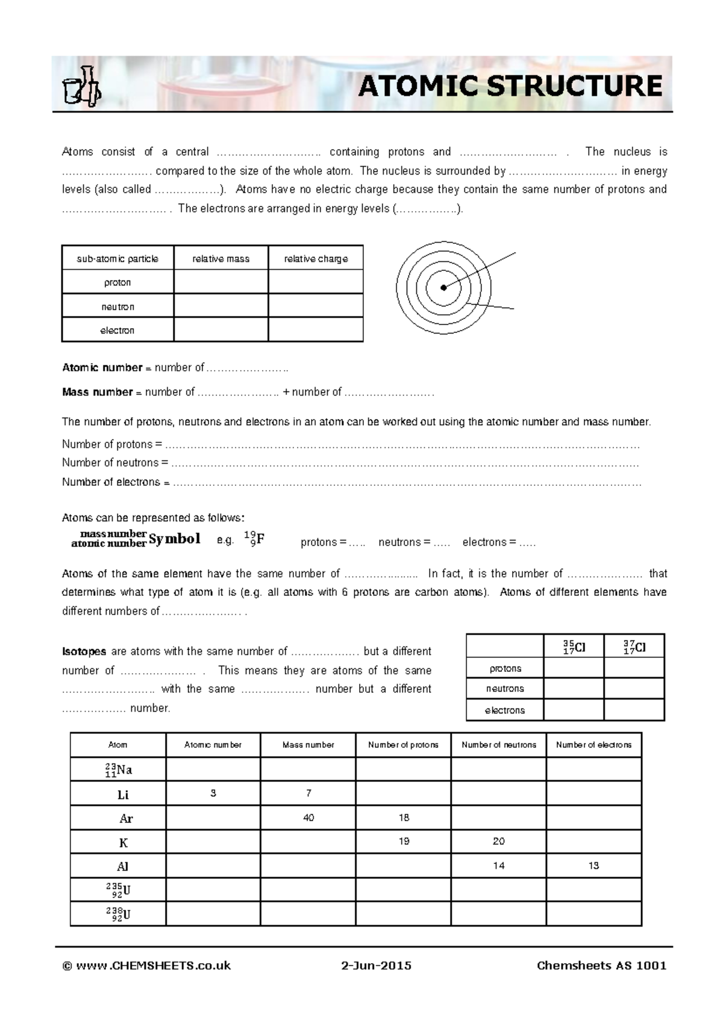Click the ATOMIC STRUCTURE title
(510, 86)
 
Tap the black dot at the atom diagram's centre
(443, 287)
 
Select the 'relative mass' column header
(221, 259)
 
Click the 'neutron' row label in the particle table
(117, 306)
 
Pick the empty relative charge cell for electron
(316, 330)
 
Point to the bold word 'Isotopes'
(84, 651)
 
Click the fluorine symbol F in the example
(260, 539)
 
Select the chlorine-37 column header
(634, 647)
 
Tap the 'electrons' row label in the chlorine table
(505, 710)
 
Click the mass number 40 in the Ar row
(308, 818)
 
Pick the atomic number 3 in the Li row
(213, 793)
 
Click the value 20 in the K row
(498, 841)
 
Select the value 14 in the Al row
(498, 865)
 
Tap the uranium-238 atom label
(118, 914)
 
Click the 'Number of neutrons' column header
(498, 745)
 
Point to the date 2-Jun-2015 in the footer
(376, 966)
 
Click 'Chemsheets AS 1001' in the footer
(601, 966)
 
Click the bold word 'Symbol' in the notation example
(174, 539)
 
